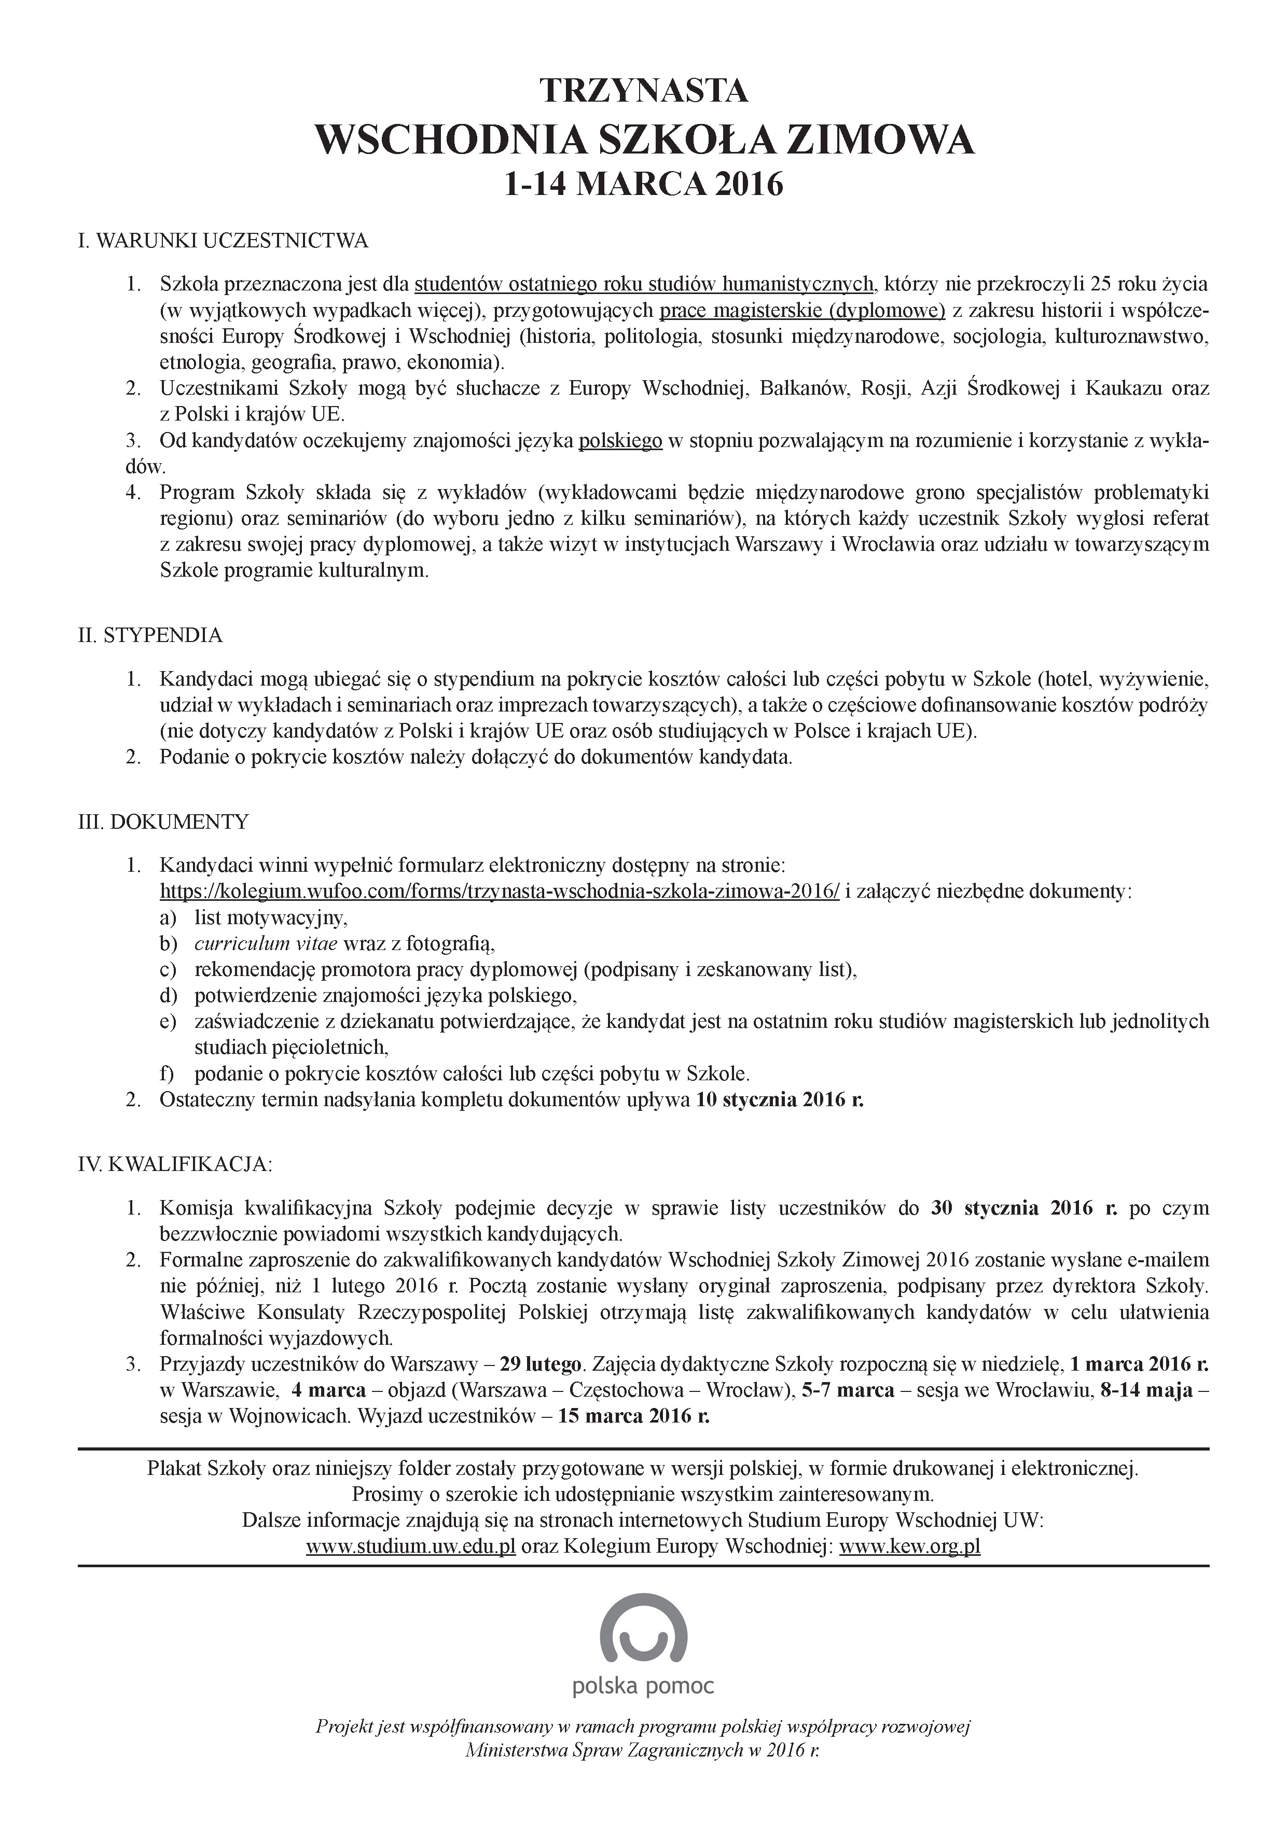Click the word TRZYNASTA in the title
pos(643,91)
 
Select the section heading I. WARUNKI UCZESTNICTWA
pos(223,242)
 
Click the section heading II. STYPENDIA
pos(150,635)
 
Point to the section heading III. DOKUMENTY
pos(163,821)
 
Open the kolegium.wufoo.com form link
pos(500,891)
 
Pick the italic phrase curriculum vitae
pos(266,944)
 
